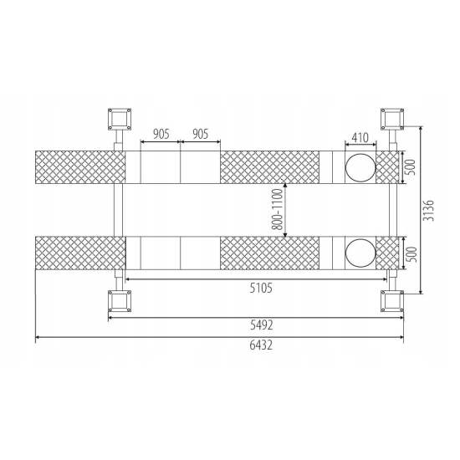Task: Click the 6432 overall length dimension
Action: pyautogui.click(x=261, y=345)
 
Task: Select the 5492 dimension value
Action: pyautogui.click(x=261, y=325)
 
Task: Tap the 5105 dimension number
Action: pyautogui.click(x=261, y=288)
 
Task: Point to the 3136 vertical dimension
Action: pyautogui.click(x=429, y=210)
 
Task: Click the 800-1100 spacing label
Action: pyautogui.click(x=277, y=209)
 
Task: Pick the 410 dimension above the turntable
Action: pyautogui.click(x=360, y=138)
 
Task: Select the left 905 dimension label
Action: pyautogui.click(x=161, y=134)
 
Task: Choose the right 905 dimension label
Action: pyautogui.click(x=201, y=134)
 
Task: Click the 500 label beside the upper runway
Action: pyautogui.click(x=411, y=167)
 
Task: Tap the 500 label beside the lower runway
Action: pyautogui.click(x=411, y=254)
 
